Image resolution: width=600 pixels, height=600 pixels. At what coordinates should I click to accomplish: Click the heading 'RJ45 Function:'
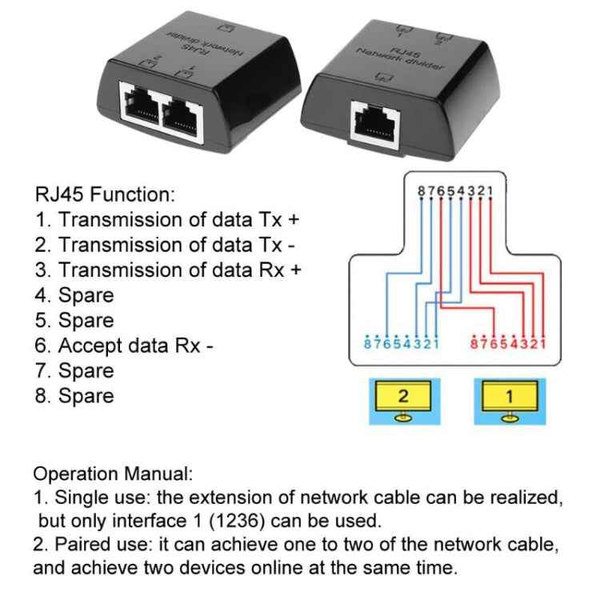pos(104,194)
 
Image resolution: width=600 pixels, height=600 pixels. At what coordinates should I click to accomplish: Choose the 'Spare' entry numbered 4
pos(75,295)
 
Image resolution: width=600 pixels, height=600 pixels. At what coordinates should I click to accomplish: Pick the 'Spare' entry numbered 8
pos(75,396)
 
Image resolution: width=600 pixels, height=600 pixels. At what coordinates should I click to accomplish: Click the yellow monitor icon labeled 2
pos(403,398)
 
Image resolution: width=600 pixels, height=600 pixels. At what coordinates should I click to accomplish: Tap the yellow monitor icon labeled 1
pos(510,398)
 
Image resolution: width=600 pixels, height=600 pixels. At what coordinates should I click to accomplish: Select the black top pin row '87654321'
pos(455,190)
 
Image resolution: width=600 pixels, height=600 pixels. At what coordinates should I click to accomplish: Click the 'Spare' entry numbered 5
pos(75,320)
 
